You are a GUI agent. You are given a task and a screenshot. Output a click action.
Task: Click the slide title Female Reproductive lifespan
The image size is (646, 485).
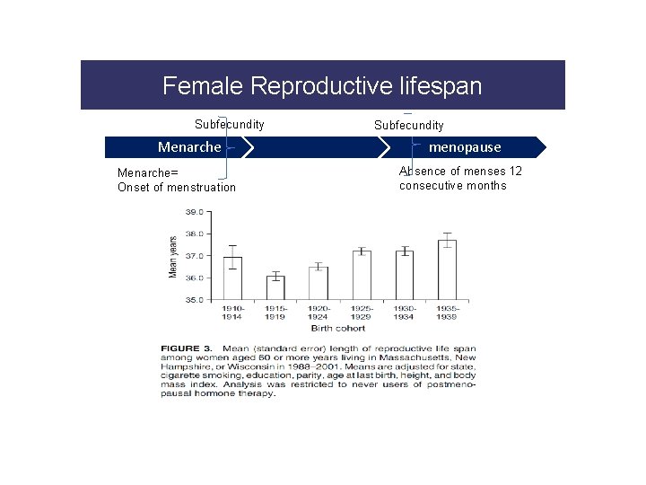(322, 86)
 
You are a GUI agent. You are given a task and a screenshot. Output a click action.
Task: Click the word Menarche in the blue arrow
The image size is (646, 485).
(188, 146)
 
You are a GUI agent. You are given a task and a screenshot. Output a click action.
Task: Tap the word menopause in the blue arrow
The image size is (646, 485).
(465, 146)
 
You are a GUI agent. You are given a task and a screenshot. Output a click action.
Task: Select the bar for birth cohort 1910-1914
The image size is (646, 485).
(232, 278)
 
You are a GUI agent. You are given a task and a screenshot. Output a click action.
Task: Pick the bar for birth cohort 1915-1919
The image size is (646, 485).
(275, 287)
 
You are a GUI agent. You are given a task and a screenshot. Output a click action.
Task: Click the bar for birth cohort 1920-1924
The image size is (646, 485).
(319, 283)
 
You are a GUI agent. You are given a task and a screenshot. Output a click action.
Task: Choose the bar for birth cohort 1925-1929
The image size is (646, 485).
(362, 275)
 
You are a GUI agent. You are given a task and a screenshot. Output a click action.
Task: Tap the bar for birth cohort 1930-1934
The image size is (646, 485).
(404, 275)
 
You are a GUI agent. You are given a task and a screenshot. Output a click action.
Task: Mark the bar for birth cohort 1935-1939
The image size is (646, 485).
(447, 269)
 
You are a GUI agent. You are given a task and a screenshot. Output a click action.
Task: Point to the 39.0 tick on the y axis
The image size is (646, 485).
(194, 212)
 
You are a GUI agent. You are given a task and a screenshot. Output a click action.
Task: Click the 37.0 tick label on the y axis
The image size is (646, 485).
(194, 256)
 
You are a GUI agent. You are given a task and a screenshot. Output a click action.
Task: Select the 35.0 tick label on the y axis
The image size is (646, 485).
(194, 299)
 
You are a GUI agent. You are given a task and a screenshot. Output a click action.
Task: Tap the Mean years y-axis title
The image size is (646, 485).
(173, 256)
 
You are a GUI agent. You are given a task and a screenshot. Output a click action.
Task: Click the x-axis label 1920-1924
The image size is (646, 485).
(319, 313)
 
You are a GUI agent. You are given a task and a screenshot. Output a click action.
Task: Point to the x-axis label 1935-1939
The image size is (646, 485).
(447, 313)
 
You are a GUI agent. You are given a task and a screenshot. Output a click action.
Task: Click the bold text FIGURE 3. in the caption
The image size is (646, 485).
(188, 348)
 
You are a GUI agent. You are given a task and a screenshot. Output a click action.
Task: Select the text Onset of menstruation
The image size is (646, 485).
(177, 188)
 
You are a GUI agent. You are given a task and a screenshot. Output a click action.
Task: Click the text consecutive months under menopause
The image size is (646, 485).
(452, 186)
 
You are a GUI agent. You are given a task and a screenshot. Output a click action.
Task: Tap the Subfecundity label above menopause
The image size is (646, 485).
(408, 126)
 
